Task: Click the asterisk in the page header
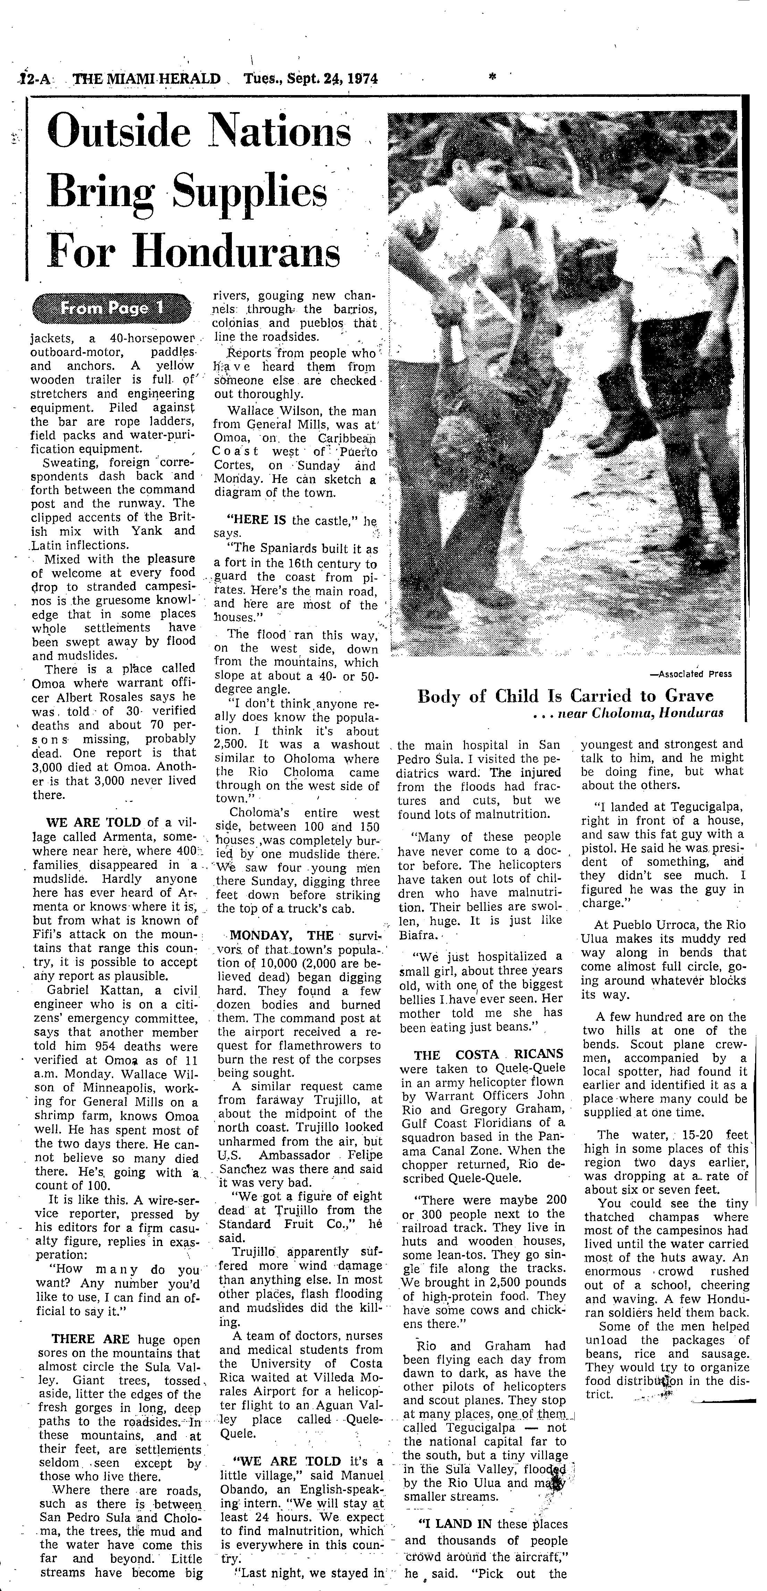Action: coord(492,78)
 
